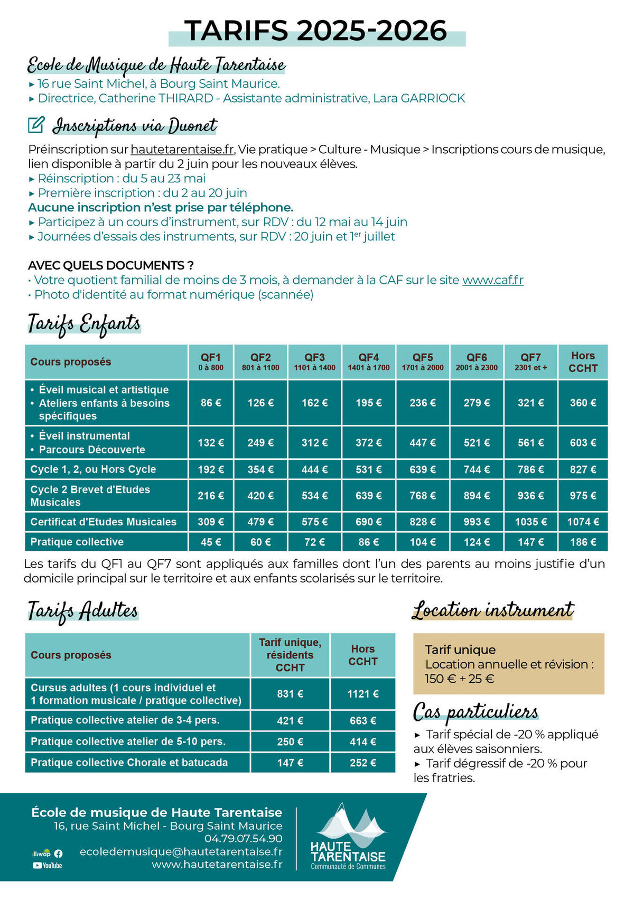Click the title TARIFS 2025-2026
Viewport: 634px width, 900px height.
coord(316,31)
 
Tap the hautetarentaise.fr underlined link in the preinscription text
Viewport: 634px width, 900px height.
coord(182,150)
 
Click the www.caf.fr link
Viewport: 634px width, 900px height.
coord(492,280)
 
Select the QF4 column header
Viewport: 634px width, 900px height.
coord(368,361)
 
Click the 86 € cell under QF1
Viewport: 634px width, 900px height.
coord(211,403)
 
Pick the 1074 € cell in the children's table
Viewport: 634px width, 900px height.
coord(583,522)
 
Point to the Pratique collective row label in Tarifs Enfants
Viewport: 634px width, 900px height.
coord(77,542)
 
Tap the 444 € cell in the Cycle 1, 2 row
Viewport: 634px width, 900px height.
coord(314,469)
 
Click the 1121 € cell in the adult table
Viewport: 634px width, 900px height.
coord(362,694)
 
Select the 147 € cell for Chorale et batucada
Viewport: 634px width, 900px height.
coord(290,763)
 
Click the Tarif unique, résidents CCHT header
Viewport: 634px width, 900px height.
coord(290,655)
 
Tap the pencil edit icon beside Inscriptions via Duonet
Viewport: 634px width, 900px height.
coord(36,125)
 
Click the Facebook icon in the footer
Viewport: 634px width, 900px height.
coord(58,853)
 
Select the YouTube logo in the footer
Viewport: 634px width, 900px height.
coord(47,866)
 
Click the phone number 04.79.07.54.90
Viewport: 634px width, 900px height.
coord(244,839)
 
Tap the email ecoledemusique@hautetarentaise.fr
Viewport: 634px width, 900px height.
coord(181,852)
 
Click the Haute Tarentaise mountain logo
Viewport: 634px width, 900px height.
coord(349,838)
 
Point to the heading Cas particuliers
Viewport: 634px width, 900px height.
coord(475,712)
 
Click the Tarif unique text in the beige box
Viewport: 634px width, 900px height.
coord(460,650)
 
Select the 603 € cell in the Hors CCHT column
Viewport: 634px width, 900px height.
coord(583,443)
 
